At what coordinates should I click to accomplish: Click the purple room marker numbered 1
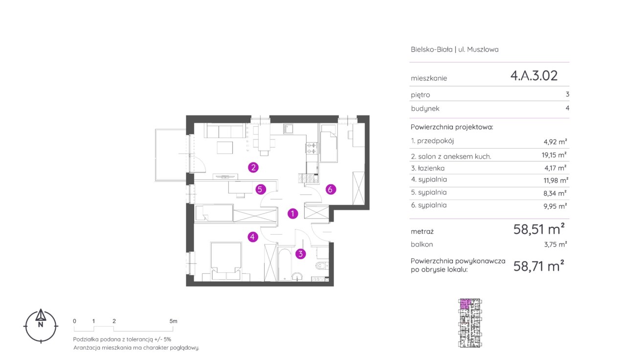click(292, 214)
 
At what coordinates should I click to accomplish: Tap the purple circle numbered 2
click(253, 167)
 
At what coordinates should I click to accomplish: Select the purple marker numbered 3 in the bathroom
click(300, 254)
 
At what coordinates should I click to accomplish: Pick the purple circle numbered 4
click(253, 237)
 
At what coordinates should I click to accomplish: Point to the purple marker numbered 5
click(260, 189)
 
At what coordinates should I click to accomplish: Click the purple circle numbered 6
click(330, 189)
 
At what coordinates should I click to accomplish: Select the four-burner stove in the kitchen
click(312, 148)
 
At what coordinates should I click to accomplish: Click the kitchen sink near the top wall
click(288, 129)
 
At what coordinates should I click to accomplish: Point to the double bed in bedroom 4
click(226, 261)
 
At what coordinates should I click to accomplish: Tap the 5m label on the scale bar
click(173, 321)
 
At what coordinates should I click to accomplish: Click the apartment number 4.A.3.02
click(534, 75)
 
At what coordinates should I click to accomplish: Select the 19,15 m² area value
click(554, 155)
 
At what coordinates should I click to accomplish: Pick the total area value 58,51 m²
click(539, 229)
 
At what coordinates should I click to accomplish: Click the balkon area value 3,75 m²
click(556, 244)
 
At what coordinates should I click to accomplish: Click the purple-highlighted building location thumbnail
click(470, 323)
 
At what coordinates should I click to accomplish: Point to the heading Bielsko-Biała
click(431, 49)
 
